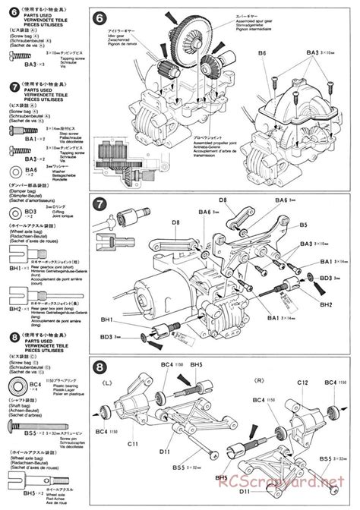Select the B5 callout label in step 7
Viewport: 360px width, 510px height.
point(302,225)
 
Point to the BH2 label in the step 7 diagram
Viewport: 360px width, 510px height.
point(326,304)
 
